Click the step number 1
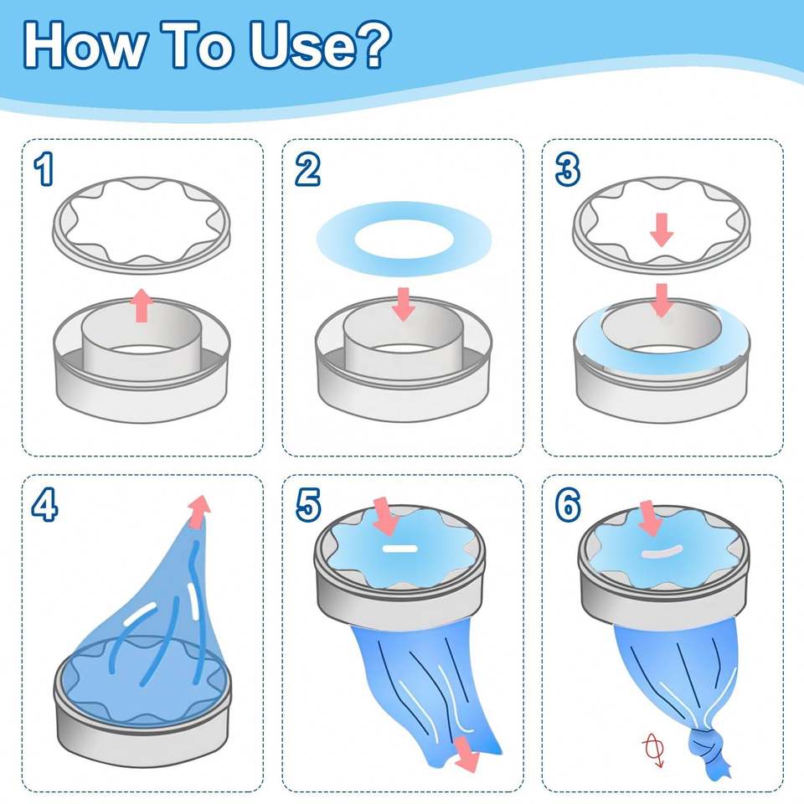click(x=44, y=170)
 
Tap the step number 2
click(x=307, y=170)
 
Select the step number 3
click(x=568, y=170)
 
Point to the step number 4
click(x=44, y=504)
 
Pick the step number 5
click(x=308, y=504)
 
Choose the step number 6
click(x=568, y=504)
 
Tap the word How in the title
click(x=84, y=45)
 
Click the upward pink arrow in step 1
click(x=142, y=306)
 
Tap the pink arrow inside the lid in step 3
click(x=662, y=229)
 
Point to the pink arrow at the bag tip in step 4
click(x=199, y=511)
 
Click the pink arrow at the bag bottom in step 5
click(x=466, y=754)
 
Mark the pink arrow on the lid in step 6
click(x=649, y=518)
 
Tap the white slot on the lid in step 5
click(x=400, y=549)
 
